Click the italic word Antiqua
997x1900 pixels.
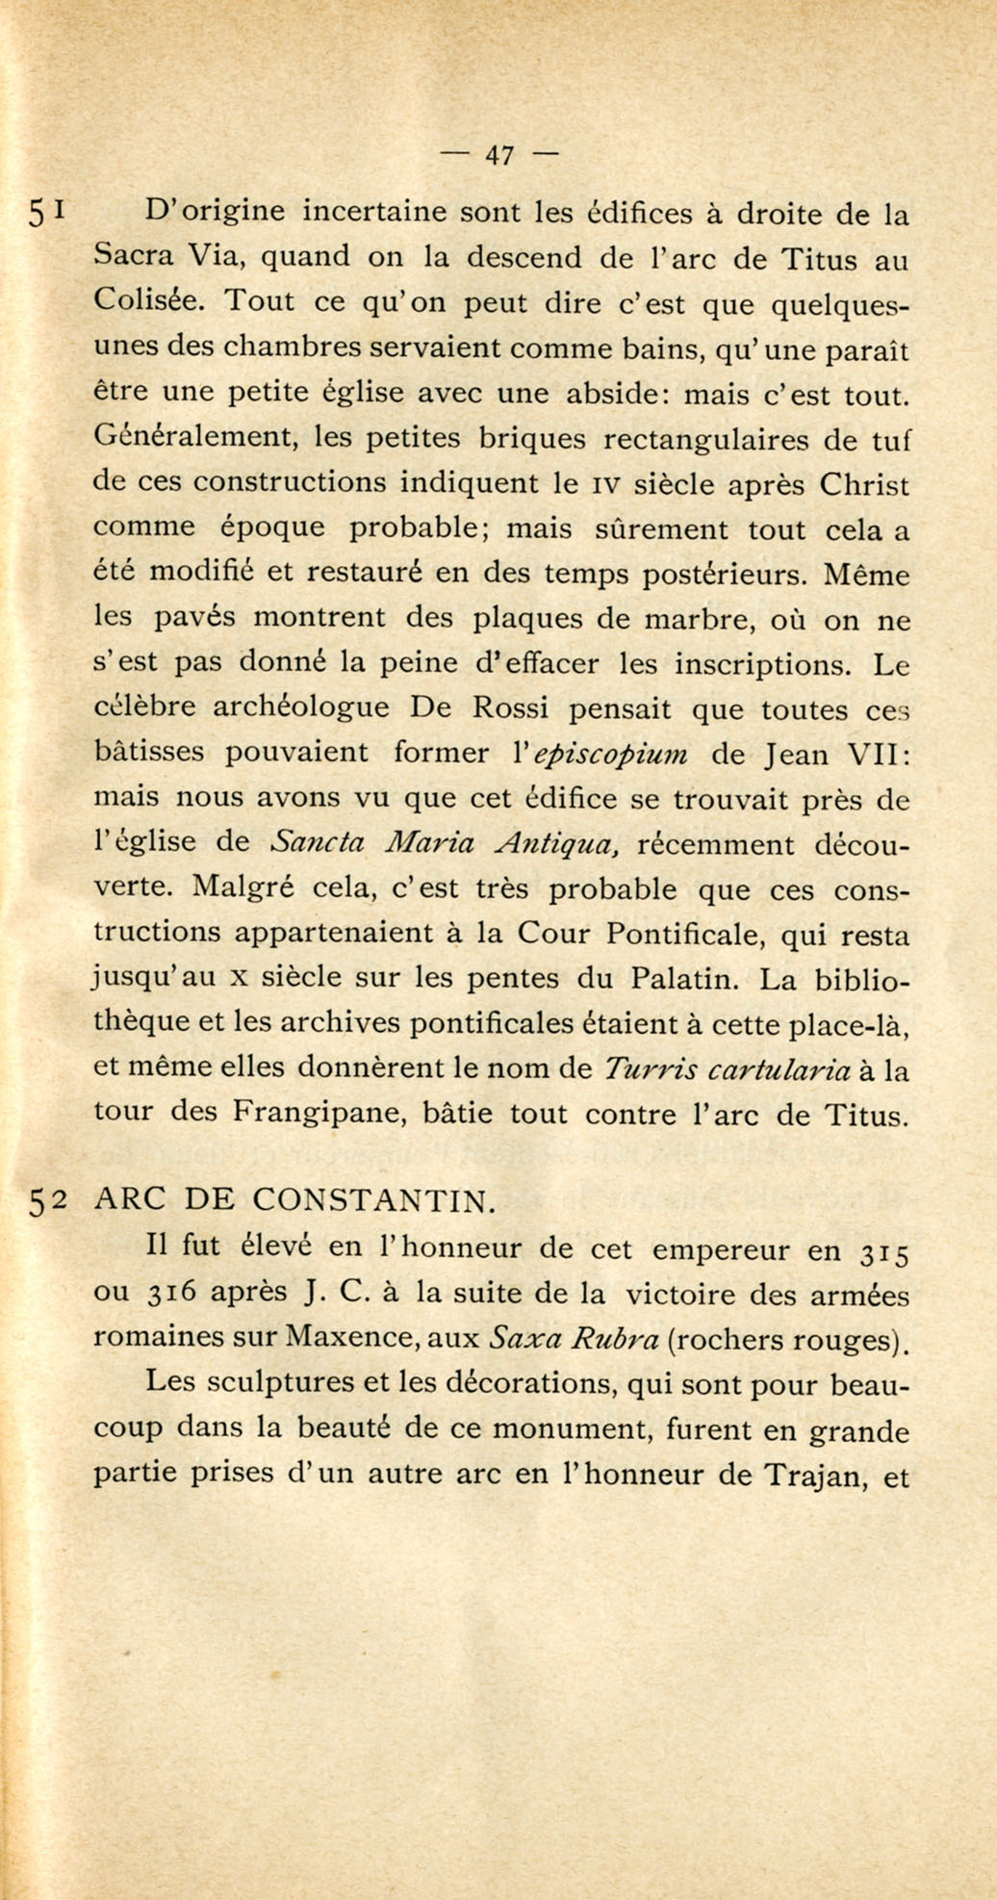coord(557,844)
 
